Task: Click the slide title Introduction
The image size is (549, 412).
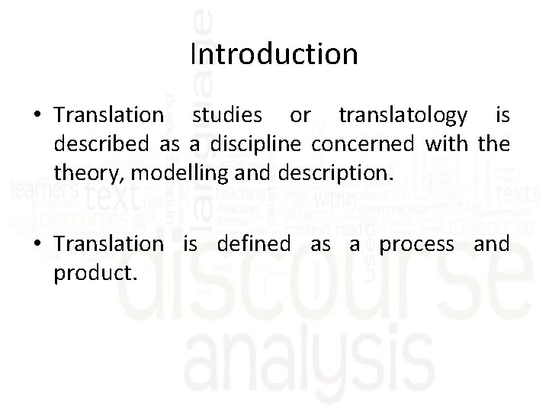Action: click(274, 55)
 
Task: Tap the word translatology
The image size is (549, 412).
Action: click(403, 115)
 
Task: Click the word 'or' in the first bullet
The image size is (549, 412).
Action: click(300, 115)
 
